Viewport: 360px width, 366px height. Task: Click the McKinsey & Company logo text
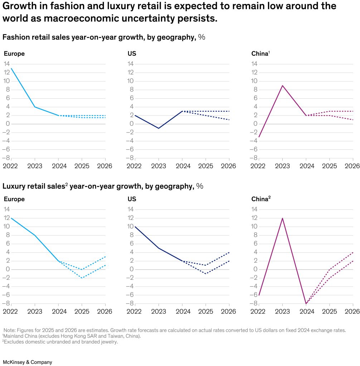(x=27, y=362)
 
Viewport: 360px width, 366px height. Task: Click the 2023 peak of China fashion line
(x=282, y=85)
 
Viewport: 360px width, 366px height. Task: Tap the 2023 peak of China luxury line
(x=282, y=218)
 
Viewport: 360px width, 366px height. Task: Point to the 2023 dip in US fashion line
(x=159, y=128)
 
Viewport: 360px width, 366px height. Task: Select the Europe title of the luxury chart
(x=14, y=199)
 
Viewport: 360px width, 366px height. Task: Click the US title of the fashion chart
(x=132, y=54)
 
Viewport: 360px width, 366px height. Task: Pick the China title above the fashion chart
(x=260, y=54)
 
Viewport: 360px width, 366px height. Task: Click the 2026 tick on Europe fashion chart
(x=105, y=166)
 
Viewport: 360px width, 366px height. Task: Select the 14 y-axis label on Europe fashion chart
(x=7, y=64)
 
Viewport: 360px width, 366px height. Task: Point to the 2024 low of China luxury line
(x=306, y=303)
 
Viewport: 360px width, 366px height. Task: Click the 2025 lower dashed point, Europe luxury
(x=82, y=278)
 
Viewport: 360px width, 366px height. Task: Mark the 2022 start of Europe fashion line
(x=11, y=68)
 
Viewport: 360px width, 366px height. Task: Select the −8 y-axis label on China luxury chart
(x=254, y=303)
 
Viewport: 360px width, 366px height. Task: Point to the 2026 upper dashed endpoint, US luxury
(x=229, y=252)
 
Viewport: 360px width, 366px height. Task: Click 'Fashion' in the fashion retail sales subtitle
(x=14, y=37)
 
